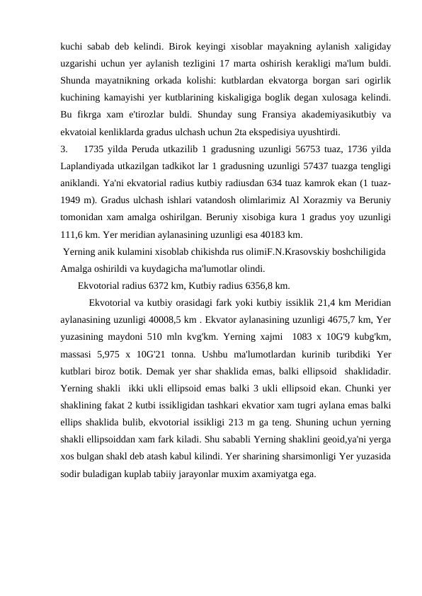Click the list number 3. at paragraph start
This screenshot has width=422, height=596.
coord(64,149)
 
